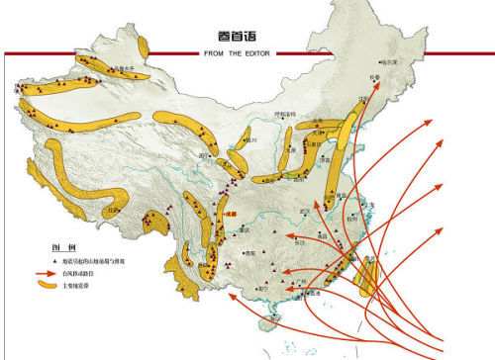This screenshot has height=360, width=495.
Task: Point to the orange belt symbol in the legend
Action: pos(48,284)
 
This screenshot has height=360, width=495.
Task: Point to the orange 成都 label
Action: pos(234,212)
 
